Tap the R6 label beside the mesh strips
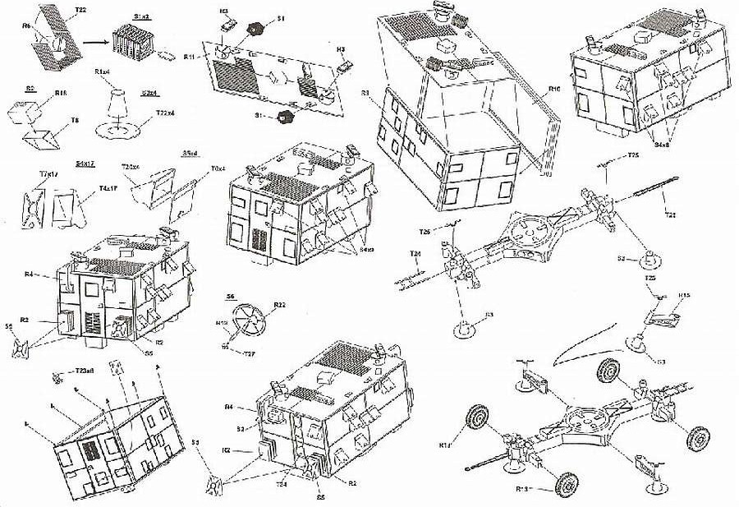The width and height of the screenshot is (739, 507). (26, 26)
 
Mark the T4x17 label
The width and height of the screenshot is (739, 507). (108, 188)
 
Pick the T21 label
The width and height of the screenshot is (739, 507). (670, 214)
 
